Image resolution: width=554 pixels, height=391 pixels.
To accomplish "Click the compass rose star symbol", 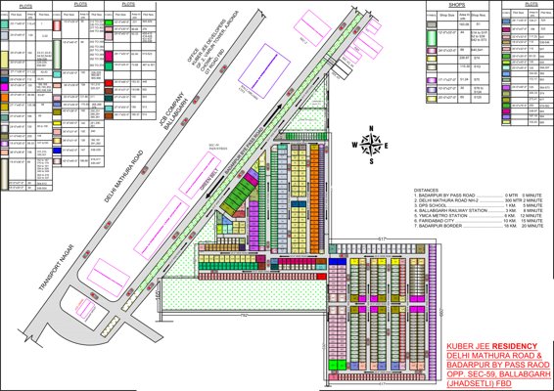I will point(372,145).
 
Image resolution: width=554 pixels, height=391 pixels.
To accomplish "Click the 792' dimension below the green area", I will point(238,317).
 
